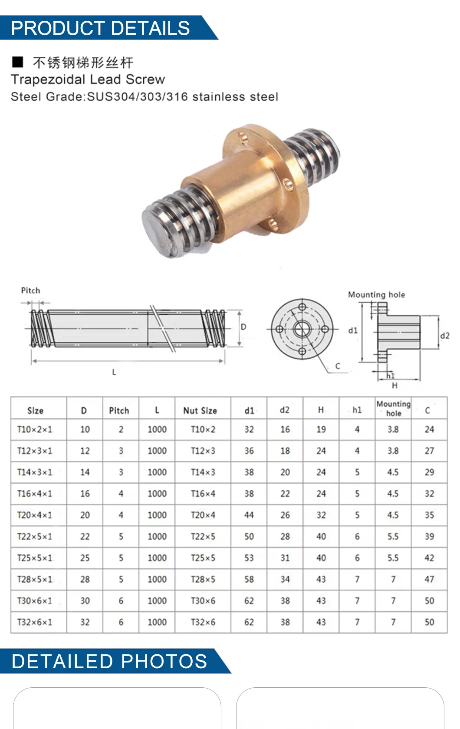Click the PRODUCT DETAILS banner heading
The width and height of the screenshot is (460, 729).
pyautogui.click(x=100, y=28)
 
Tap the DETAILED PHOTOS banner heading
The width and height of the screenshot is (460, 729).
pyautogui.click(x=109, y=661)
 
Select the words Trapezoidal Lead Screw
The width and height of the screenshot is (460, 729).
pyautogui.click(x=88, y=79)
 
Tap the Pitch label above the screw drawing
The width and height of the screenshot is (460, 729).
pyautogui.click(x=30, y=290)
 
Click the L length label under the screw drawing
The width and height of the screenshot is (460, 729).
pyautogui.click(x=114, y=372)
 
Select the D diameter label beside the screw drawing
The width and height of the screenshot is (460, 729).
pyautogui.click(x=243, y=327)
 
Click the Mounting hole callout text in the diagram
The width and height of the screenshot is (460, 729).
pyautogui.click(x=376, y=295)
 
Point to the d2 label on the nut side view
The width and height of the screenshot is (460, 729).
pyautogui.click(x=445, y=336)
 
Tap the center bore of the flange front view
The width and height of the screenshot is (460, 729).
pyautogui.click(x=302, y=329)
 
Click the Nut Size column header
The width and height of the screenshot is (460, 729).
pyautogui.click(x=200, y=410)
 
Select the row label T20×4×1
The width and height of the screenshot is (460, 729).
pyautogui.click(x=34, y=515)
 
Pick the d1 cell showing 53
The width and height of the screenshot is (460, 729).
pyautogui.click(x=249, y=558)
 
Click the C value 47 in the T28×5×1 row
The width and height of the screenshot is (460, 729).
pyautogui.click(x=429, y=579)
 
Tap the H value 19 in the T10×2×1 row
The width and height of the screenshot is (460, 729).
pyautogui.click(x=321, y=429)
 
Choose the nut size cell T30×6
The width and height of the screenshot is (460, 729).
pyautogui.click(x=203, y=600)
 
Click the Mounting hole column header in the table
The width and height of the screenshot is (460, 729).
pyautogui.click(x=393, y=408)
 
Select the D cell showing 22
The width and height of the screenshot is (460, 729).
pyautogui.click(x=85, y=537)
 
